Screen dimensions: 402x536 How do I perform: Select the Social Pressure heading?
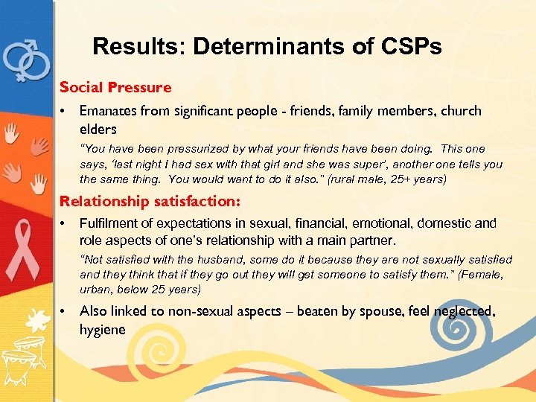(115, 88)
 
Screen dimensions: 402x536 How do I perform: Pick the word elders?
(98, 129)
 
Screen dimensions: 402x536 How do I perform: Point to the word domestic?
(441, 224)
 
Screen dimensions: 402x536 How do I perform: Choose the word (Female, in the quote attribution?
(481, 275)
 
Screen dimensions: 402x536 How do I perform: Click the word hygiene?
(103, 330)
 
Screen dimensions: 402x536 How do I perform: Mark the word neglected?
(463, 312)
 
